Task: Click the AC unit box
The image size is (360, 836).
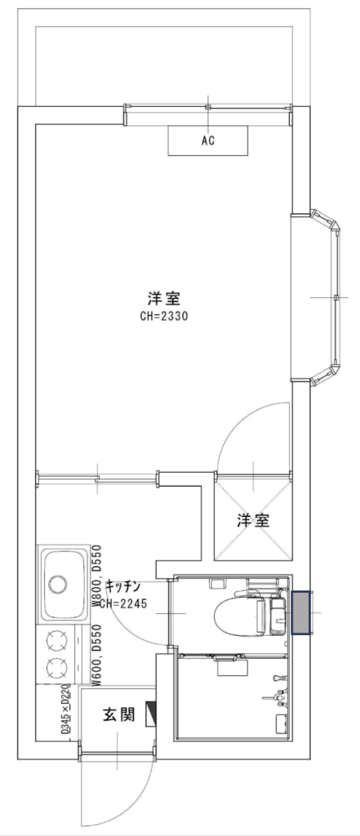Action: pyautogui.click(x=208, y=140)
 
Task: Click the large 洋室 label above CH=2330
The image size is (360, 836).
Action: pyautogui.click(x=164, y=297)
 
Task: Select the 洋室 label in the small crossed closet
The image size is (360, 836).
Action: pyautogui.click(x=253, y=520)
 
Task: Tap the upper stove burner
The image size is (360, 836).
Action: pyautogui.click(x=56, y=640)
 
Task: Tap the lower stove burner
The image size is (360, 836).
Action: pyautogui.click(x=56, y=667)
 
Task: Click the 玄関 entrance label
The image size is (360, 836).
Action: pyautogui.click(x=118, y=715)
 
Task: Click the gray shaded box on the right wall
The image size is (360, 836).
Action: pyautogui.click(x=302, y=613)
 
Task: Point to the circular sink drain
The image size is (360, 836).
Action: pyautogui.click(x=58, y=584)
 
